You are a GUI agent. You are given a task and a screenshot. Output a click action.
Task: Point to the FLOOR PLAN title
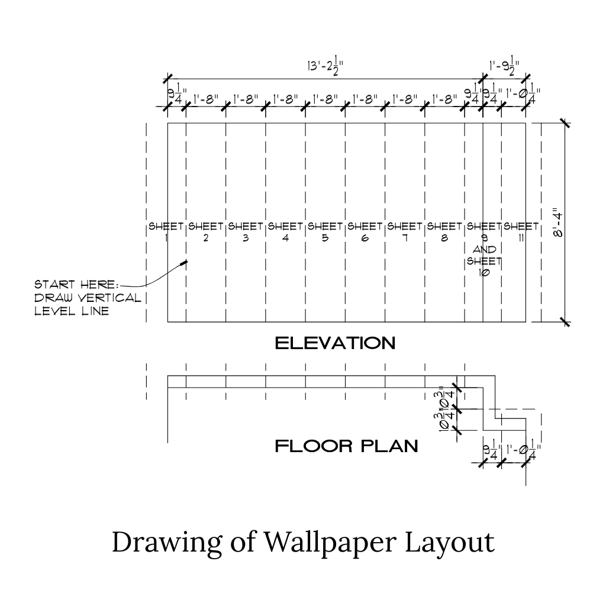[x=347, y=446]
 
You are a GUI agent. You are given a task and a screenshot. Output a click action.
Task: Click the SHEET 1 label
[x=166, y=231]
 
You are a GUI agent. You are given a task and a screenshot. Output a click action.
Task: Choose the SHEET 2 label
[x=205, y=231]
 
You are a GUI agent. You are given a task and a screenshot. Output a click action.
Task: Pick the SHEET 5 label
[x=325, y=231]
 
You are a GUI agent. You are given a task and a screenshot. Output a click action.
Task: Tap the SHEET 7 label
[x=405, y=231]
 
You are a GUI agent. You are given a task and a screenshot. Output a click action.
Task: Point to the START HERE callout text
[x=88, y=298]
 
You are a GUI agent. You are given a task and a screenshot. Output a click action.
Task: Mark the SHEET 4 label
[x=285, y=231]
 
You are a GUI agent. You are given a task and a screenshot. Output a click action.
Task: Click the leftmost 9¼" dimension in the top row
[x=176, y=95]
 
